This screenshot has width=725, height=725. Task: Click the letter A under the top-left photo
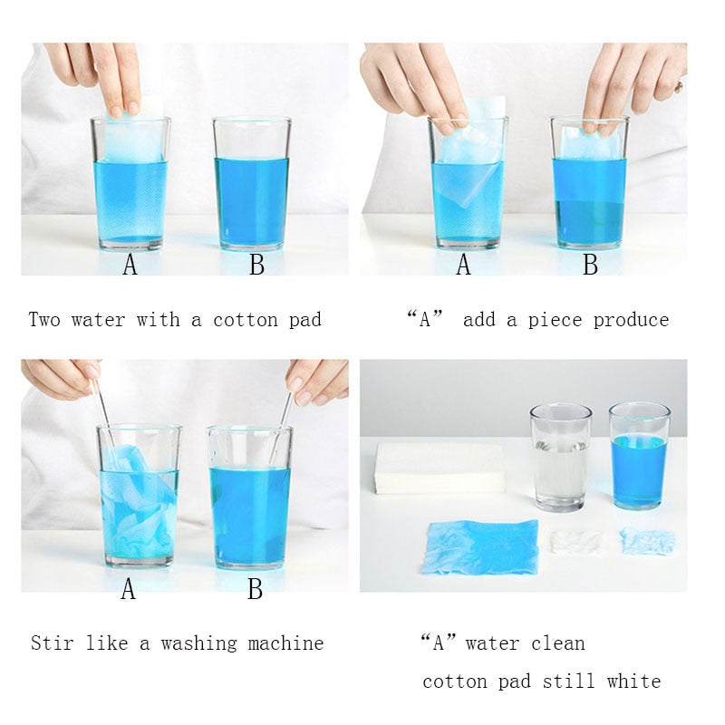coord(130,265)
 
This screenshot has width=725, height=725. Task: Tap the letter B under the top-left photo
coord(256,265)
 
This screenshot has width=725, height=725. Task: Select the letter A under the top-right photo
coord(463,265)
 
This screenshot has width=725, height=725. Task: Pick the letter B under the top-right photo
coord(590,265)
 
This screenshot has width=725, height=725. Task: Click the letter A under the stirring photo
coord(129,589)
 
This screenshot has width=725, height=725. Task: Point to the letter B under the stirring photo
coord(256,589)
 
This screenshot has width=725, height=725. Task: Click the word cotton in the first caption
coord(246,320)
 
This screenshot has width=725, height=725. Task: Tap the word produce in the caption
coord(631,321)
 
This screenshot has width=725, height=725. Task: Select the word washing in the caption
coord(198,643)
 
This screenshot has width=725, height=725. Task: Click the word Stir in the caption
coord(52,643)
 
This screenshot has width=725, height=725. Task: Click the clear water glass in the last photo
coord(560,458)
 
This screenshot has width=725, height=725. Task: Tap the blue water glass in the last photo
coord(639,456)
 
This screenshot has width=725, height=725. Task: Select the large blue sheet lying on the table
coord(480,547)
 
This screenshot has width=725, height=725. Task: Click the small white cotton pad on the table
coord(576,542)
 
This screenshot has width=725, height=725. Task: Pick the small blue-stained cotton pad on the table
coord(647,541)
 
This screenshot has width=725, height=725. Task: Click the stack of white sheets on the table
coord(440,468)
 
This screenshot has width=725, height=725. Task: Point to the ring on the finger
coord(678,87)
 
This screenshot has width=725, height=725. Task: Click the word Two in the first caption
coord(44,320)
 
